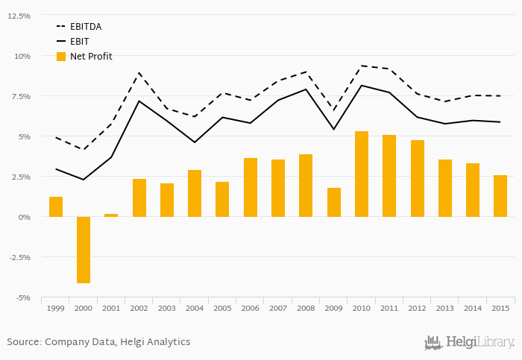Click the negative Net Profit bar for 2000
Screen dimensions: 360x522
pyautogui.click(x=84, y=250)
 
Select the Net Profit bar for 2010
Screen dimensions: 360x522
pyautogui.click(x=362, y=174)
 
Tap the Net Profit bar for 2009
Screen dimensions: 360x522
pyautogui.click(x=334, y=202)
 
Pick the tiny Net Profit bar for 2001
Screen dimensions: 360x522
pyautogui.click(x=111, y=215)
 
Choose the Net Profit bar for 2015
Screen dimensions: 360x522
pyautogui.click(x=500, y=196)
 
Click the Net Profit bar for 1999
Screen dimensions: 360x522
pyautogui.click(x=56, y=206)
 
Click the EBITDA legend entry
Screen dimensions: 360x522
pyautogui.click(x=86, y=27)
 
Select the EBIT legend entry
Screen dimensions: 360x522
pyautogui.click(x=80, y=42)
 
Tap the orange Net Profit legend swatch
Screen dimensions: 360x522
pyautogui.click(x=61, y=57)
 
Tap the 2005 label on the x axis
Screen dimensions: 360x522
pyautogui.click(x=222, y=308)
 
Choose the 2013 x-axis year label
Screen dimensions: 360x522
pyautogui.click(x=445, y=308)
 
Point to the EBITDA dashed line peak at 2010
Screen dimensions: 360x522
pyautogui.click(x=362, y=66)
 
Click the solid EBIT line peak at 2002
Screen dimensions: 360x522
pyautogui.click(x=139, y=101)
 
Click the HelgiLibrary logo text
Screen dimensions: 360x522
pyautogui.click(x=479, y=342)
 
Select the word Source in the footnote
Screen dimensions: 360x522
pyautogui.click(x=23, y=342)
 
